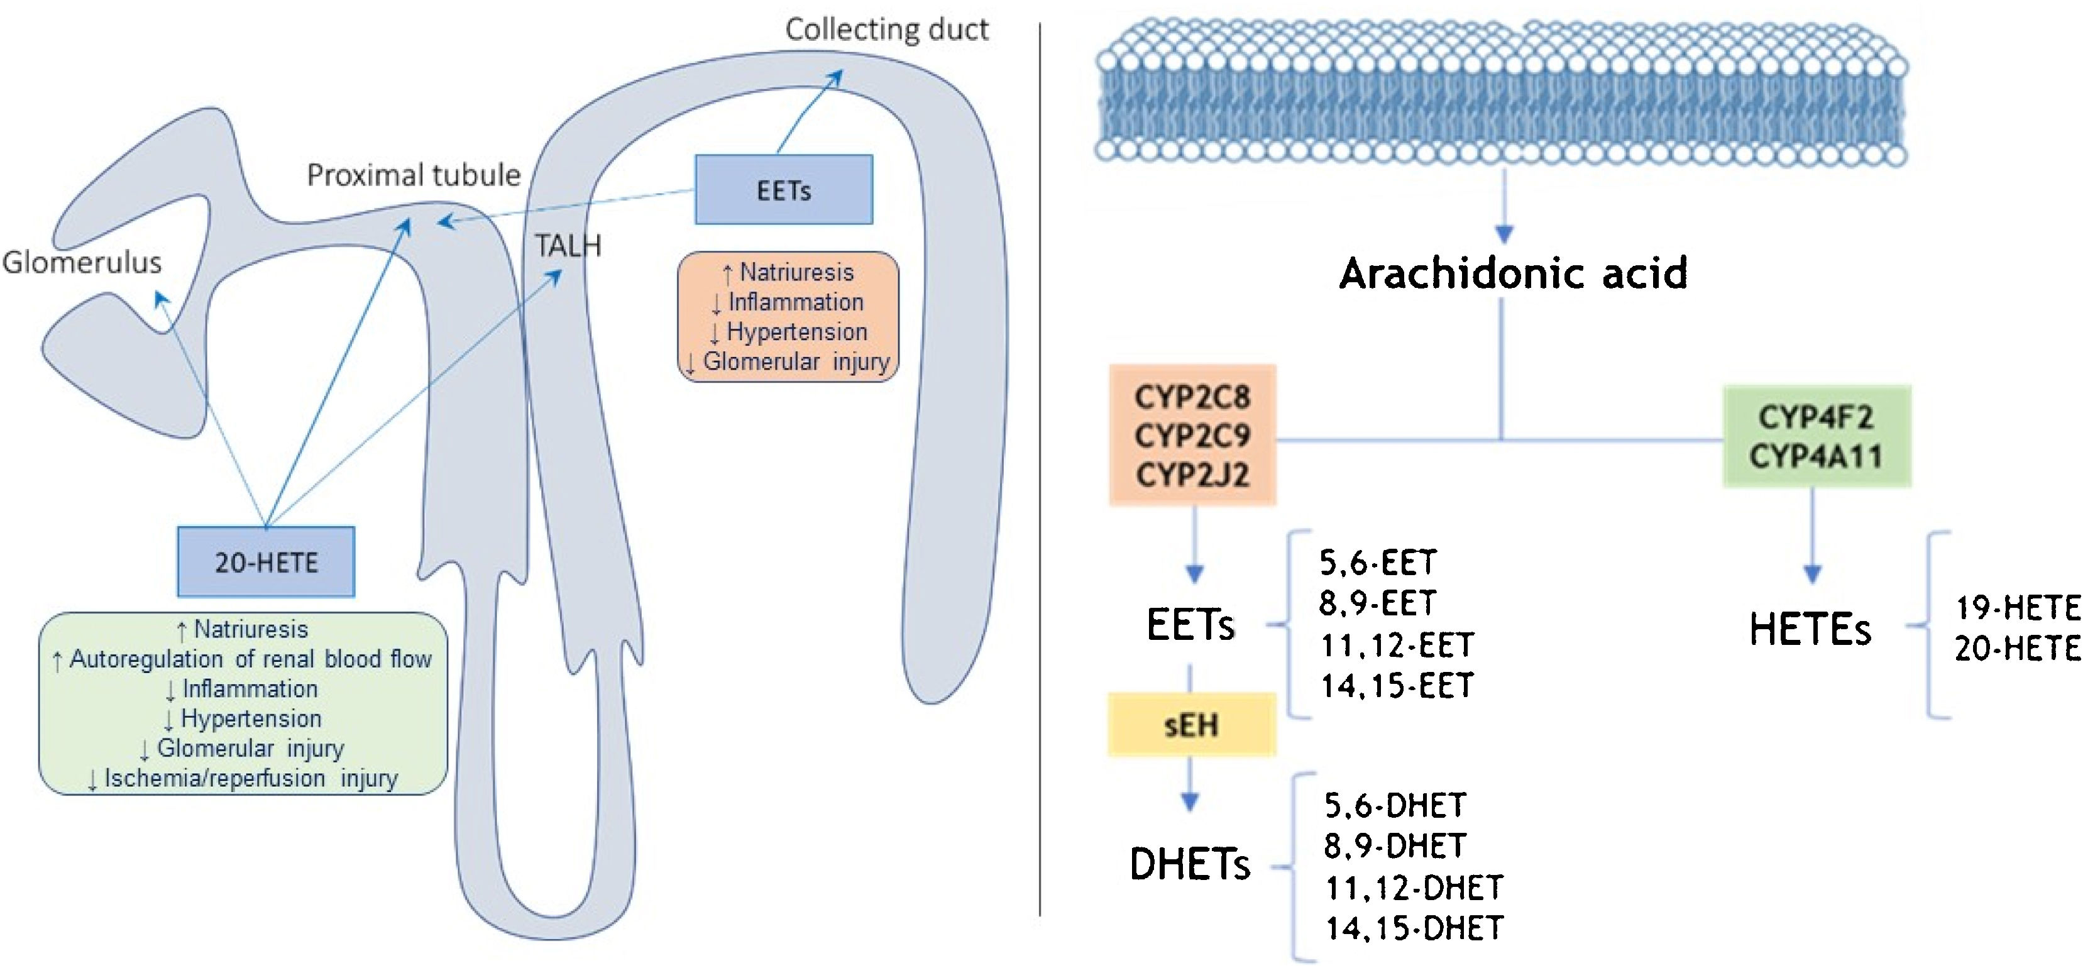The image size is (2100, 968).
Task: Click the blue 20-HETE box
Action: (x=266, y=562)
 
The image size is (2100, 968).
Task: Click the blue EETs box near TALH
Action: (x=783, y=190)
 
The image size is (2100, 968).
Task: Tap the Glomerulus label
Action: (x=82, y=261)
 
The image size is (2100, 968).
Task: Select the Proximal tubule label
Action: (x=414, y=175)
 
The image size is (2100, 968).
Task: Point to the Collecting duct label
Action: (x=886, y=30)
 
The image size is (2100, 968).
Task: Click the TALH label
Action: (x=568, y=245)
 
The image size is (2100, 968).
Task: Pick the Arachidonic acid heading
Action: (x=1513, y=273)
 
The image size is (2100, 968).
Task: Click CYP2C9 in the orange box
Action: (x=1192, y=436)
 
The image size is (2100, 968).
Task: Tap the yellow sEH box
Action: (x=1191, y=724)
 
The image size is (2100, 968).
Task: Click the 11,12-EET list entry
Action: (x=1397, y=645)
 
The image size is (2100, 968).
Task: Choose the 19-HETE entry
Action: (x=2018, y=608)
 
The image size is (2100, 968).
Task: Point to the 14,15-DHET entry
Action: (x=1414, y=928)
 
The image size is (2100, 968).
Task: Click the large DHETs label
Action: (x=1189, y=864)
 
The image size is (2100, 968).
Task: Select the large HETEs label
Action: (x=1810, y=630)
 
